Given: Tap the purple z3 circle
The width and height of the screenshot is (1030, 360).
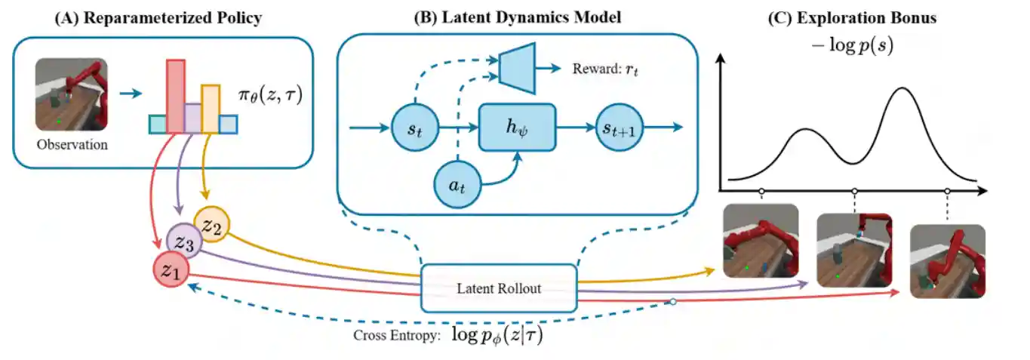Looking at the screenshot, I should pos(185,242).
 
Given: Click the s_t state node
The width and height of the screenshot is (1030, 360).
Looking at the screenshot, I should pos(414,129).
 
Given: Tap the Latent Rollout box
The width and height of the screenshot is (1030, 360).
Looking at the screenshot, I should pos(498,288).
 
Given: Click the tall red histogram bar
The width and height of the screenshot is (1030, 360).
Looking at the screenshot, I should pos(175,94).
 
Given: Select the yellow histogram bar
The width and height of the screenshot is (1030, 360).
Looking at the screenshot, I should pos(211,108).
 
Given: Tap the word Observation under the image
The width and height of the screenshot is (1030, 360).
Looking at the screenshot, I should pos(72,144).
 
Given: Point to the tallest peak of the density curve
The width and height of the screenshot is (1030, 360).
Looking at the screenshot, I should pos(903,90).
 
